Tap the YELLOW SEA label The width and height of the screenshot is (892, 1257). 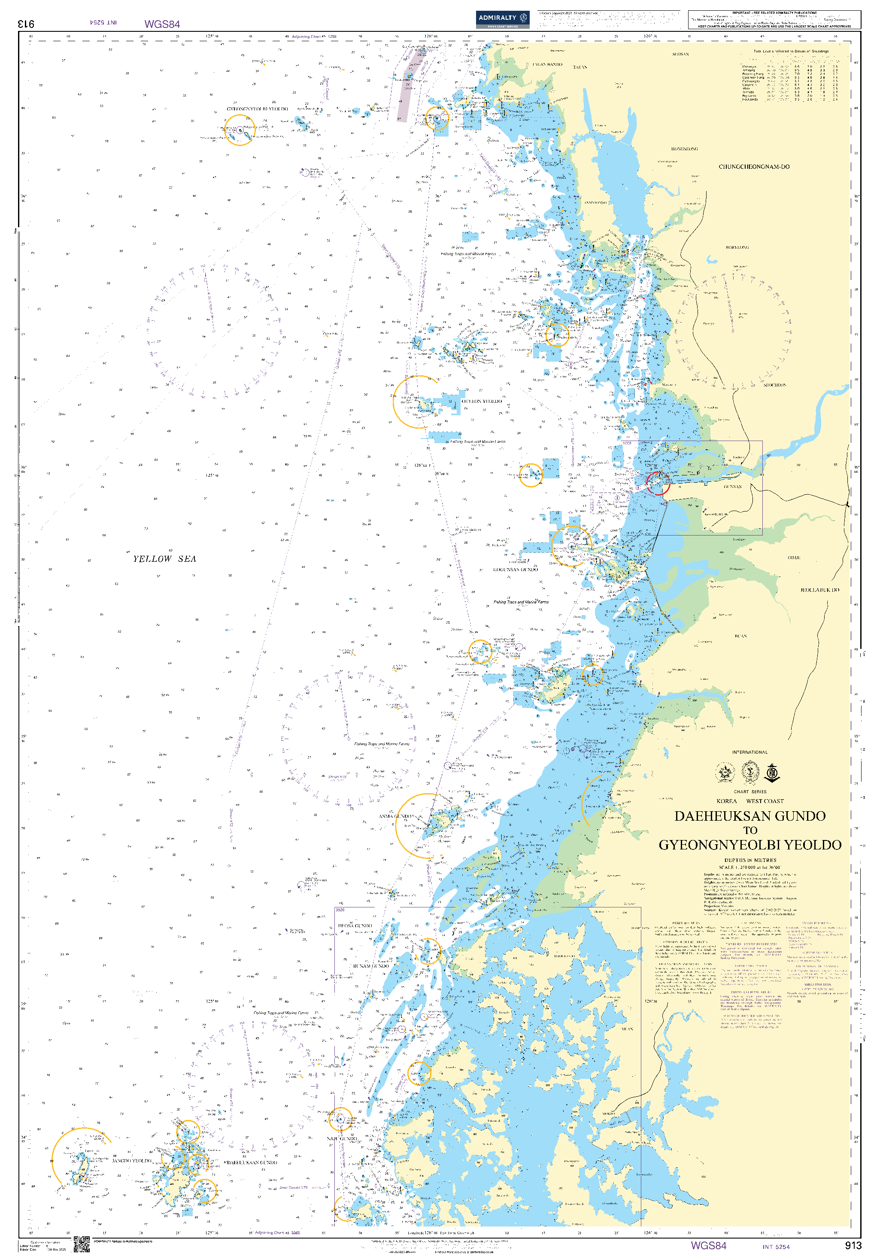(x=164, y=559)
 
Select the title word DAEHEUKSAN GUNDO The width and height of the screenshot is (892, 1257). (x=750, y=816)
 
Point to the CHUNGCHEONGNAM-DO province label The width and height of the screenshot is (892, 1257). (x=754, y=167)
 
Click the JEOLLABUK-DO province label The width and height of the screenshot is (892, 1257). (x=819, y=590)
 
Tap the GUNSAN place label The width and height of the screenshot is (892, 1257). (x=733, y=487)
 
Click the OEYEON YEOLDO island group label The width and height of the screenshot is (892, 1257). (x=481, y=402)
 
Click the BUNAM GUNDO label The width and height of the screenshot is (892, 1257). (x=371, y=966)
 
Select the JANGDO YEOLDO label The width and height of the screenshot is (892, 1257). (x=132, y=1161)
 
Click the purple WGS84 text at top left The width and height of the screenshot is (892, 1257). (x=162, y=24)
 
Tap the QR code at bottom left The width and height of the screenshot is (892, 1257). (x=81, y=1245)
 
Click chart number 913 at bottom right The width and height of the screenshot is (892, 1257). (x=853, y=1245)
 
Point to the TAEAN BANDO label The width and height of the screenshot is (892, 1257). (x=547, y=65)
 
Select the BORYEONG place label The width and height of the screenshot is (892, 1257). (x=737, y=247)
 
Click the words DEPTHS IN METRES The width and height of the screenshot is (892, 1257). (x=750, y=860)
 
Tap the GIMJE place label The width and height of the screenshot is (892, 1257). (x=794, y=557)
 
